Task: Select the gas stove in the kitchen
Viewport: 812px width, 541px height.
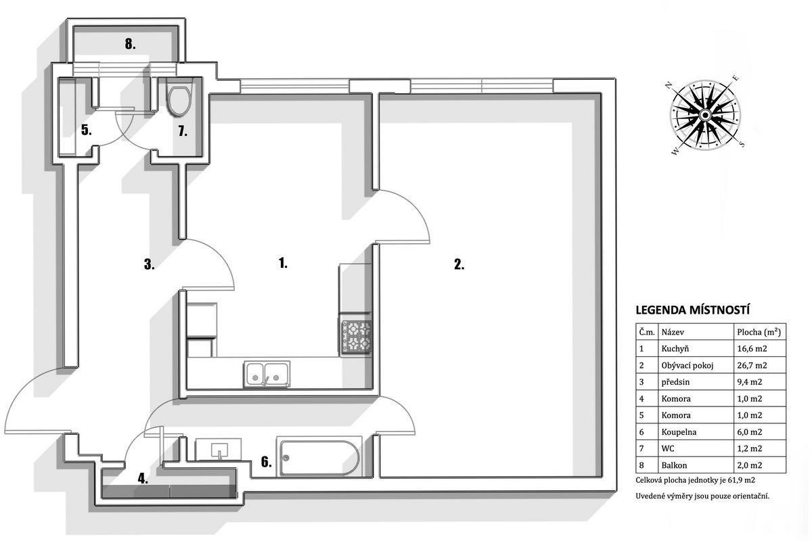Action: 356,337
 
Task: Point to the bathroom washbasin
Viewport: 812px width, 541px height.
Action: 219,449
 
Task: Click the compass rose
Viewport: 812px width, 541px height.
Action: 705,115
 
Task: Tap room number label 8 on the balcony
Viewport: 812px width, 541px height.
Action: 130,44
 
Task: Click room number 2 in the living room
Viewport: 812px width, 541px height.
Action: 459,264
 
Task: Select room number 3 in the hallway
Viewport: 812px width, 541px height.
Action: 149,264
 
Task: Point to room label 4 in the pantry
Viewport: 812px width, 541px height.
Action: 143,479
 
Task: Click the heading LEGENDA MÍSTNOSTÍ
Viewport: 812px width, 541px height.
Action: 693,310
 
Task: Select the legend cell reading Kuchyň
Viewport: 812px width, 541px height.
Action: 675,349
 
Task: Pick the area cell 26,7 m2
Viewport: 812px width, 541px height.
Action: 752,365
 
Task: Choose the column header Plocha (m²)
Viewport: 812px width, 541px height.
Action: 759,332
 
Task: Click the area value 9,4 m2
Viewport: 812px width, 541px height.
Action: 749,382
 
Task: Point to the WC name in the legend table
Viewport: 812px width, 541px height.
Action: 668,448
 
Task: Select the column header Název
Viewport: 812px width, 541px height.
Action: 673,332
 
